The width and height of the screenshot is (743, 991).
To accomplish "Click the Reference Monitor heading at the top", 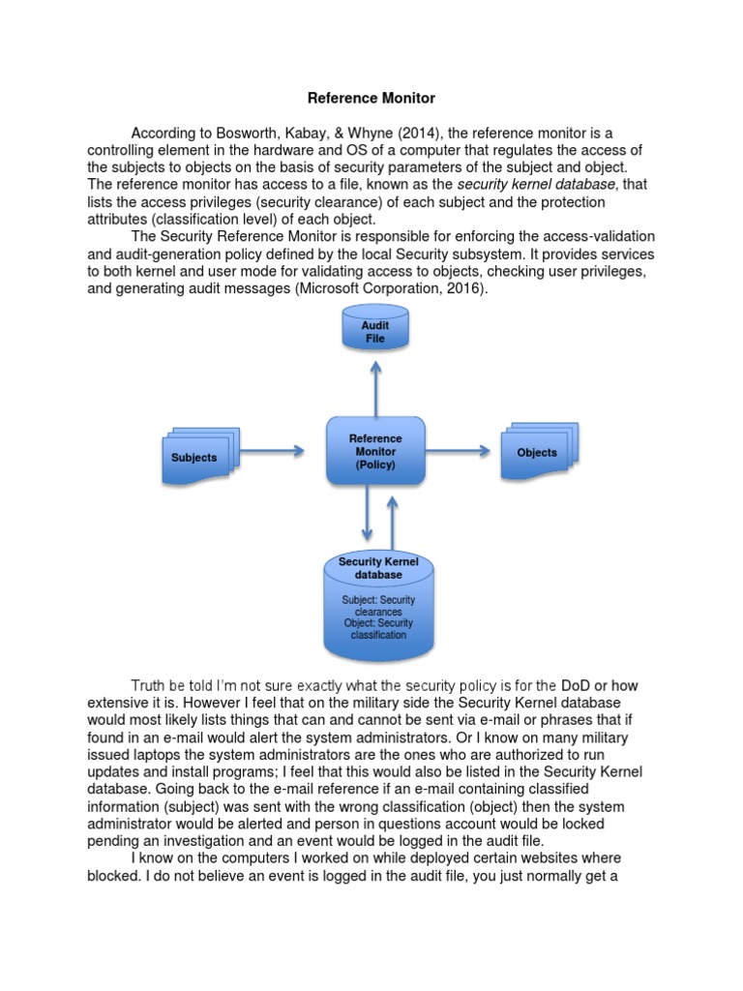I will [371, 98].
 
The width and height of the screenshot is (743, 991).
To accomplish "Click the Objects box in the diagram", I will [539, 451].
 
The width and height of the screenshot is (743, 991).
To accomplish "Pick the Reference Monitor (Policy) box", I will [376, 451].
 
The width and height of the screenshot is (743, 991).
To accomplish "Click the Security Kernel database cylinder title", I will [377, 568].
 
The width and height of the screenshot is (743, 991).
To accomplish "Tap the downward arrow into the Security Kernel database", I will [367, 513].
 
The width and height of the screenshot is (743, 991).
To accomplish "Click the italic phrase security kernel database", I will [536, 185].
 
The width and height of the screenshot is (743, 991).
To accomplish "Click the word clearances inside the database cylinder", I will [377, 612].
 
